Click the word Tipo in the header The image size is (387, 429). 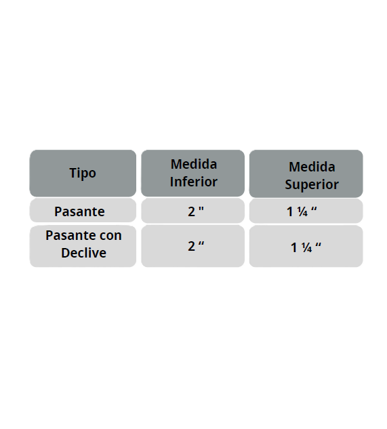coord(83,173)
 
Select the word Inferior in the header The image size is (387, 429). coord(194,182)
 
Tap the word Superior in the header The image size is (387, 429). coord(312,185)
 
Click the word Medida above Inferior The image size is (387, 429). coord(194,165)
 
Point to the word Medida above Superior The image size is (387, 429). coord(312,167)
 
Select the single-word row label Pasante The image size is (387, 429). coord(79,211)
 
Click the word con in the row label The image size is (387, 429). coord(110,236)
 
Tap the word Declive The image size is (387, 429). coord(84,253)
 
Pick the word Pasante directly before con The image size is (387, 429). coord(71,236)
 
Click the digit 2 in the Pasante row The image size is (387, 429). coord(191,212)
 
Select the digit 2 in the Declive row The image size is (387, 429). coord(191,247)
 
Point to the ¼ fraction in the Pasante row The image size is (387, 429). coord(302,212)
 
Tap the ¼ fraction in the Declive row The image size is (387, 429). coord(306,248)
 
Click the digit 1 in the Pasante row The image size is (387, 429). coord(290,212)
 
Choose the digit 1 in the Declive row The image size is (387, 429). coord(294,248)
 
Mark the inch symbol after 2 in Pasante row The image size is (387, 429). coord(201,209)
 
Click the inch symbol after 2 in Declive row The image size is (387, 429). coord(201,243)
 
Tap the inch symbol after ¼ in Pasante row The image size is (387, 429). coord(314,209)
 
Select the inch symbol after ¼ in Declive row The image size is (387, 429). coord(318,245)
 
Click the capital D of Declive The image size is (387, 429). coord(66,253)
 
